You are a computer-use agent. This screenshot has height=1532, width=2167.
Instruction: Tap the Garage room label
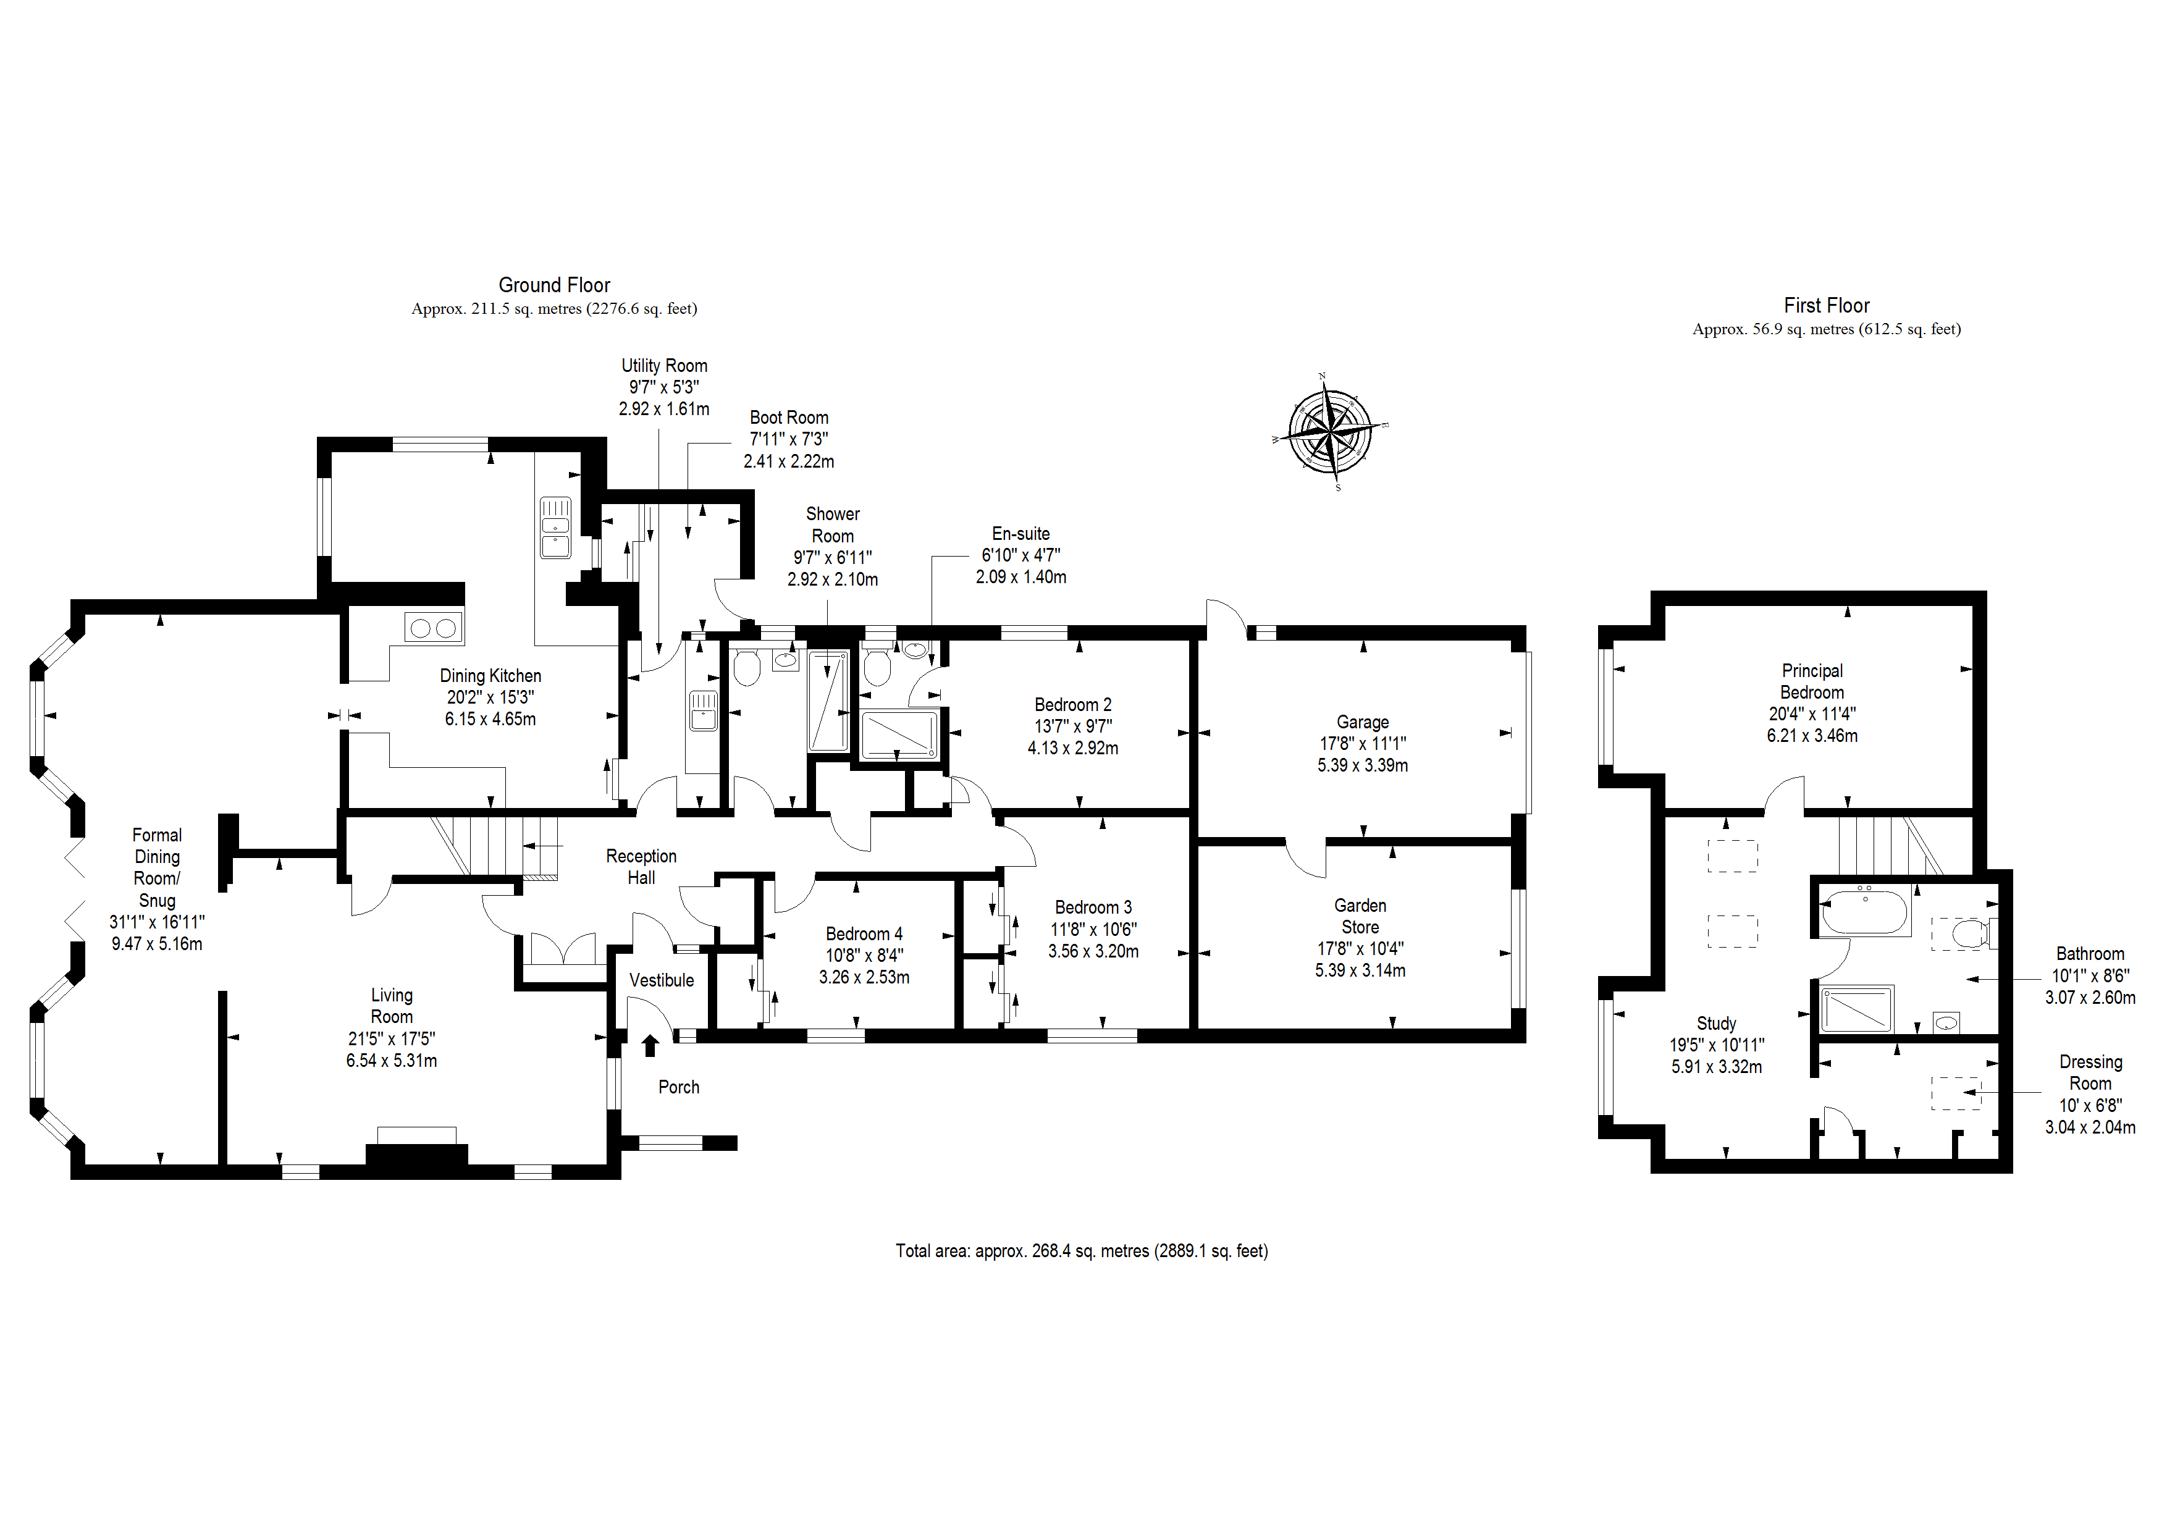click(x=1362, y=722)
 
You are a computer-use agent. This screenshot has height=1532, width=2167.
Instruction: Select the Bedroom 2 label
click(x=1072, y=705)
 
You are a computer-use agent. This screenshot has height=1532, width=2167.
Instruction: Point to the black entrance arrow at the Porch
click(x=649, y=1045)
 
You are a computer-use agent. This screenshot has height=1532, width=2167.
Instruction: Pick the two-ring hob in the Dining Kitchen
click(x=433, y=628)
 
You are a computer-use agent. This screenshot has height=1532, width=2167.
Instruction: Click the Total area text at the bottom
click(x=1082, y=1251)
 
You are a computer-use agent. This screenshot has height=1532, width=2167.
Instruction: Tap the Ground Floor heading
click(x=554, y=285)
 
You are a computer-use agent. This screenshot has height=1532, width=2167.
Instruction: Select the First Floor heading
click(x=1825, y=306)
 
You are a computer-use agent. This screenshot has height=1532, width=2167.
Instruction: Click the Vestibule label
click(x=662, y=980)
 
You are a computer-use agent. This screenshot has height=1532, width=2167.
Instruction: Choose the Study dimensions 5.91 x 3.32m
click(x=1716, y=1067)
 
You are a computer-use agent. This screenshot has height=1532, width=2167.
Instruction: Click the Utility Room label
click(x=663, y=365)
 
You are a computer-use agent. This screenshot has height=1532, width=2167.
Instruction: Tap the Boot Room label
click(x=789, y=417)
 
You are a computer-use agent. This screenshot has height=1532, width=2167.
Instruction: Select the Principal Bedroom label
click(x=1811, y=681)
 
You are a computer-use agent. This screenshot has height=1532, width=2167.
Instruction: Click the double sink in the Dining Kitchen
click(x=555, y=527)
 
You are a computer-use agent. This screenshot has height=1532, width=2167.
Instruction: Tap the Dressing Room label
click(x=2090, y=1072)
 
